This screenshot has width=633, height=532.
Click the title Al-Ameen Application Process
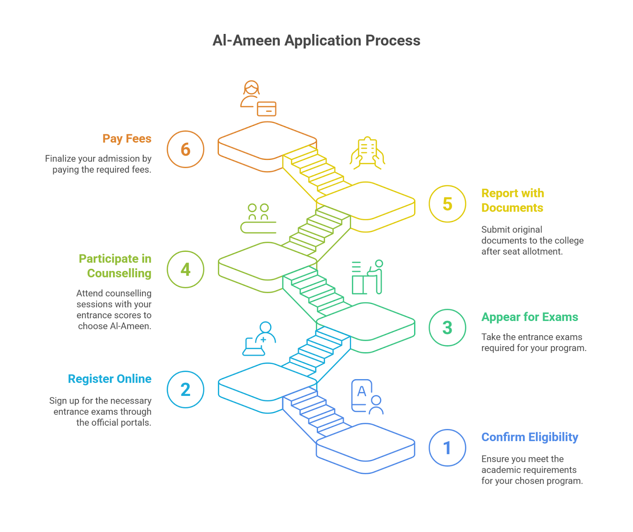(x=316, y=40)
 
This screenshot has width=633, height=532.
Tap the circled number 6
(x=185, y=149)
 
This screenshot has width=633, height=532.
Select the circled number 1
(x=447, y=448)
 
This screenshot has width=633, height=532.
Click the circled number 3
(x=447, y=327)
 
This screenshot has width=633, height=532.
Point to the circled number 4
(x=185, y=269)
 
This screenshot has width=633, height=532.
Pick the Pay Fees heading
(x=127, y=139)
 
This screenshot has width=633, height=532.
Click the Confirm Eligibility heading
(x=529, y=437)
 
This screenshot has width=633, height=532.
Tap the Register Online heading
(x=110, y=379)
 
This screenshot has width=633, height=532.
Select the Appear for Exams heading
(x=529, y=317)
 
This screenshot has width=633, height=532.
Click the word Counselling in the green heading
(x=119, y=273)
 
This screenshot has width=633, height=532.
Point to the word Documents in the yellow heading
(x=512, y=208)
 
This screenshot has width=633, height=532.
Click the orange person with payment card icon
(x=258, y=99)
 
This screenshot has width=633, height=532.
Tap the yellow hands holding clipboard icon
(x=367, y=153)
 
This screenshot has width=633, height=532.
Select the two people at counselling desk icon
(x=258, y=218)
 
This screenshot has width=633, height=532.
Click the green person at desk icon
(x=368, y=277)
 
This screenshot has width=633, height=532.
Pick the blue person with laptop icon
(x=259, y=339)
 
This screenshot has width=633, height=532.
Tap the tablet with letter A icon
(x=367, y=397)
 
